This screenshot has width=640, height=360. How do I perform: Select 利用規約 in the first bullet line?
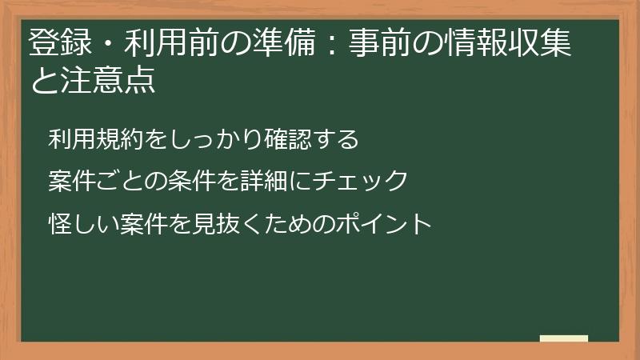tap(89, 139)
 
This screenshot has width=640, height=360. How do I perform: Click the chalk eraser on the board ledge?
tap(564, 338)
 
